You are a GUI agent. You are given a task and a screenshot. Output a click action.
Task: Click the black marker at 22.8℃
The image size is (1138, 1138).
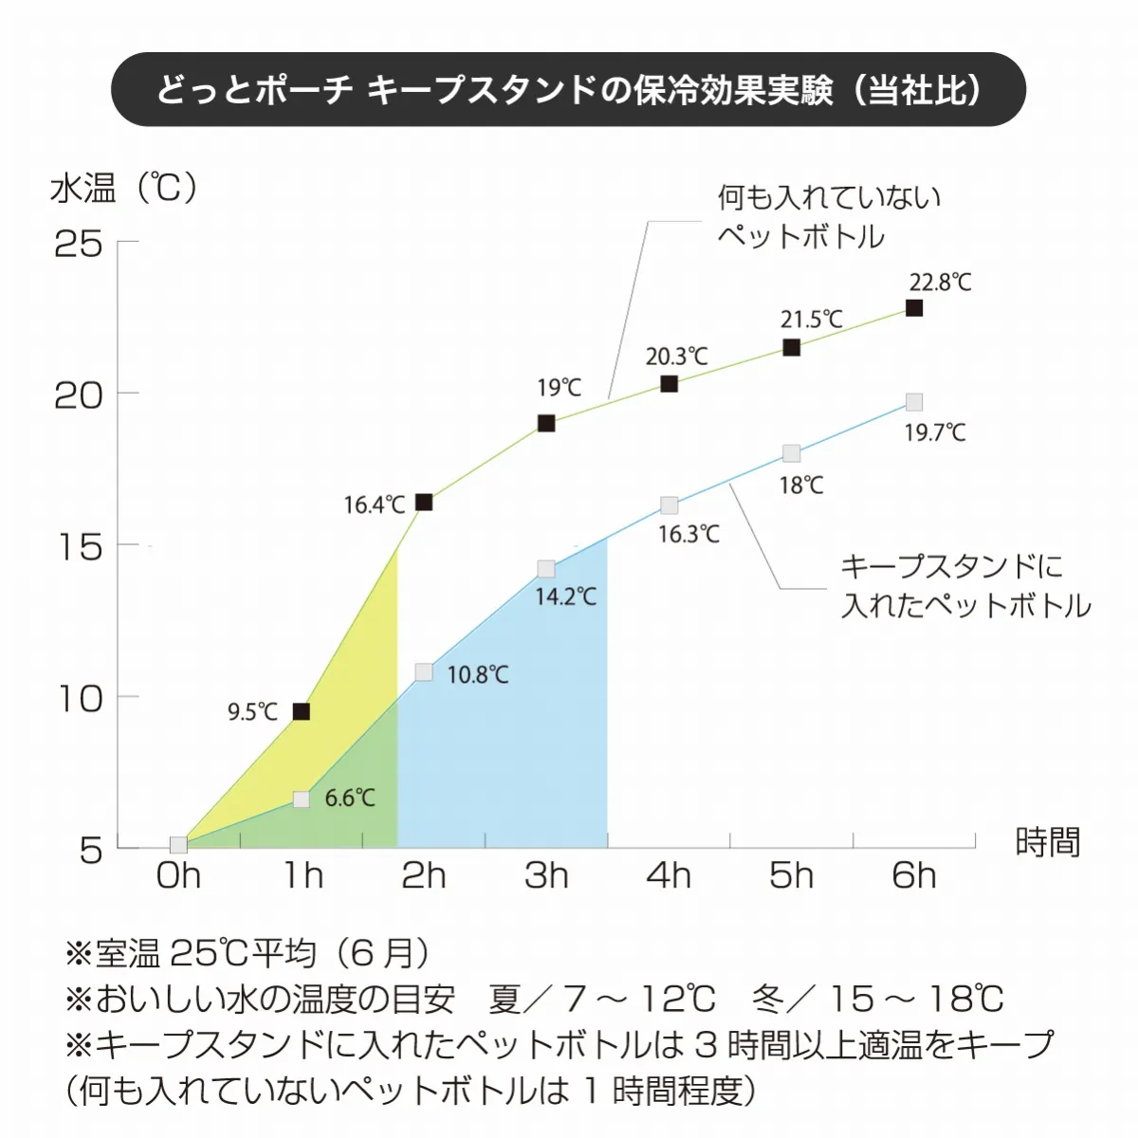click(914, 308)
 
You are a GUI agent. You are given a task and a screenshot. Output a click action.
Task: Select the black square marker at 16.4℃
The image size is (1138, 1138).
click(424, 503)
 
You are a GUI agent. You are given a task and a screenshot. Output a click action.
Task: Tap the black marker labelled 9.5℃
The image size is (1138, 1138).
click(302, 711)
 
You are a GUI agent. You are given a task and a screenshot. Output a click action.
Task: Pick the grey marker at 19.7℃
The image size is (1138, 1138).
click(914, 402)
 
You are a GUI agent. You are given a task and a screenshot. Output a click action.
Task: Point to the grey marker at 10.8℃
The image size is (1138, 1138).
click(424, 672)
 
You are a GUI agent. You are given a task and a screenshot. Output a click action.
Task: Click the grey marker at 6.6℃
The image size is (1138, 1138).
click(302, 799)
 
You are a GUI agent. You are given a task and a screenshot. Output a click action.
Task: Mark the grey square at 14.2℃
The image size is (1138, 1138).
click(546, 569)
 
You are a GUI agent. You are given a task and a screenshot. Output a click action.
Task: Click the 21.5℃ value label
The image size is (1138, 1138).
click(812, 320)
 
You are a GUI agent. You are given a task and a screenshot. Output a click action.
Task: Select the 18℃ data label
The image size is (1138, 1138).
click(801, 486)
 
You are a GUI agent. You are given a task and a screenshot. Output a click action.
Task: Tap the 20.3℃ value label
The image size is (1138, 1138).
click(677, 357)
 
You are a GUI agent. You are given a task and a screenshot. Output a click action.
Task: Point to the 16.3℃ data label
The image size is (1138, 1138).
click(689, 534)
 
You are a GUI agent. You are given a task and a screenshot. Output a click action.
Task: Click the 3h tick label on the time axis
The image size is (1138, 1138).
click(546, 875)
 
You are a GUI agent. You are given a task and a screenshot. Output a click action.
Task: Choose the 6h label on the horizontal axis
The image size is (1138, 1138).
click(914, 875)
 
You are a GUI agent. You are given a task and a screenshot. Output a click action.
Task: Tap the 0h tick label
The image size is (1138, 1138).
click(178, 875)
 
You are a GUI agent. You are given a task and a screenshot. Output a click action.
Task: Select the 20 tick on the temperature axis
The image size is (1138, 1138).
click(78, 395)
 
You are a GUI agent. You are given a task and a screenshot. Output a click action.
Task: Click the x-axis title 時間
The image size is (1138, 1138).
click(1048, 842)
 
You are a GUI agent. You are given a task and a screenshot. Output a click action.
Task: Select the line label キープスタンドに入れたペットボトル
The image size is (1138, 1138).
click(965, 586)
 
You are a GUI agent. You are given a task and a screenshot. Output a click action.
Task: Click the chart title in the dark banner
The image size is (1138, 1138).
click(569, 90)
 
